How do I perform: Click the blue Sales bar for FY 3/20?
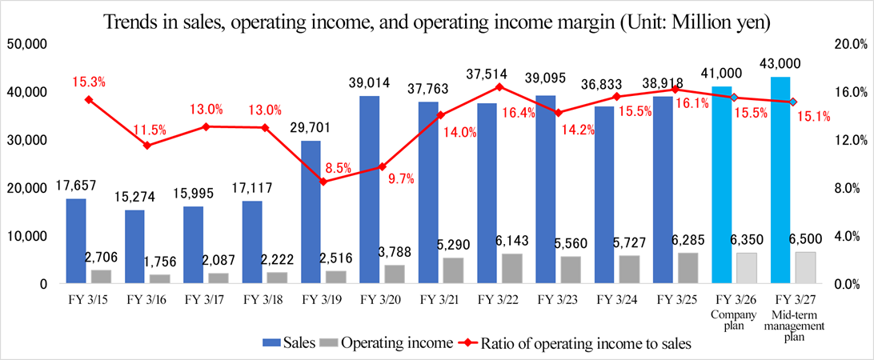(369, 190)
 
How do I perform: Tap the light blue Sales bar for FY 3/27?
(780, 180)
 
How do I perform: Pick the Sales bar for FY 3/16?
(134, 246)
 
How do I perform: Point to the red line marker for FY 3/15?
(88, 99)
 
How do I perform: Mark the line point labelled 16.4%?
(499, 87)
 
